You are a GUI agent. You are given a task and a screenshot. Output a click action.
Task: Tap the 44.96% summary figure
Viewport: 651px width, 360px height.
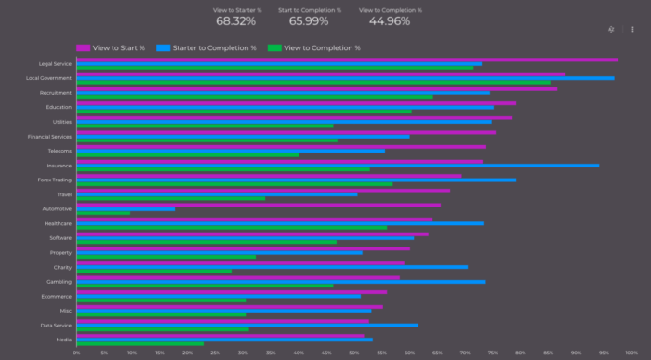pos(390,21)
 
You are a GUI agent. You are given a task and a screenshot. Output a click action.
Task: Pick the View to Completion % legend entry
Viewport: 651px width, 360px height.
pos(313,47)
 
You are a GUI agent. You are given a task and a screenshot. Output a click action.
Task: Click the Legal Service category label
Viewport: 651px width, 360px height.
pos(54,64)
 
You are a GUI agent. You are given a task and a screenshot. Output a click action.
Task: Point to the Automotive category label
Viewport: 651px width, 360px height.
pos(57,209)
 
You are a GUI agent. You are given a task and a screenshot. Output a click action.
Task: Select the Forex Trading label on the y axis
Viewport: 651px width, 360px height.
pos(55,180)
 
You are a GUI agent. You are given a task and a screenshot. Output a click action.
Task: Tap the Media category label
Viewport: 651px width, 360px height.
pos(63,340)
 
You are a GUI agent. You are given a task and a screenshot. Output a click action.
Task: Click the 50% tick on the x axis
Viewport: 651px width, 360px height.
pos(353,353)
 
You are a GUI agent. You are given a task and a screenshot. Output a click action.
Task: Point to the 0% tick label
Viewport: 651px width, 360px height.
pos(76,353)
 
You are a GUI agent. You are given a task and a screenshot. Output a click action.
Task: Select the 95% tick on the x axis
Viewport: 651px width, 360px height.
pos(604,353)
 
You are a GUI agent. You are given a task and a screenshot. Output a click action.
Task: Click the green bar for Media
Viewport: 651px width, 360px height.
pos(139,343)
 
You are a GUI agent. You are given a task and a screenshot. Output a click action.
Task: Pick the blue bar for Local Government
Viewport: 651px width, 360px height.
pos(345,78)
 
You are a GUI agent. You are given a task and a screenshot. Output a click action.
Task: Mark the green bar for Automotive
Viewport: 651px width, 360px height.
pos(103,213)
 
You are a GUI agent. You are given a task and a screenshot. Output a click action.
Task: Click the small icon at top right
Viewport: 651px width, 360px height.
pos(610,29)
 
